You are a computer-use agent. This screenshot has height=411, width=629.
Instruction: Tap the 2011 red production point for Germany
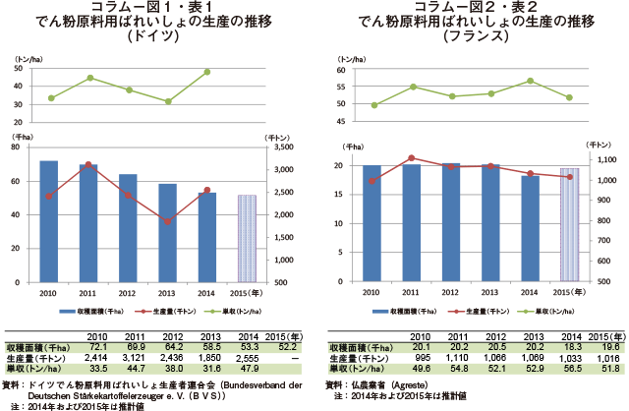pos(88,164)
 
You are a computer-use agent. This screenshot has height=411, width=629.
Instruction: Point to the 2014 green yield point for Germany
pos(207,72)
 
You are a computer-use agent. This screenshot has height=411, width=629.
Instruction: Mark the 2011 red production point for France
pos(411,157)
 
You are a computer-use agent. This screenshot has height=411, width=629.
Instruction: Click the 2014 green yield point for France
pos(530,81)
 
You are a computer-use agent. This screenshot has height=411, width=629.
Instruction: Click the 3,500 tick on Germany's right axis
pos(281,147)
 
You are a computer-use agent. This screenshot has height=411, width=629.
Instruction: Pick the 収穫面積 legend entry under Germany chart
pos(90,311)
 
